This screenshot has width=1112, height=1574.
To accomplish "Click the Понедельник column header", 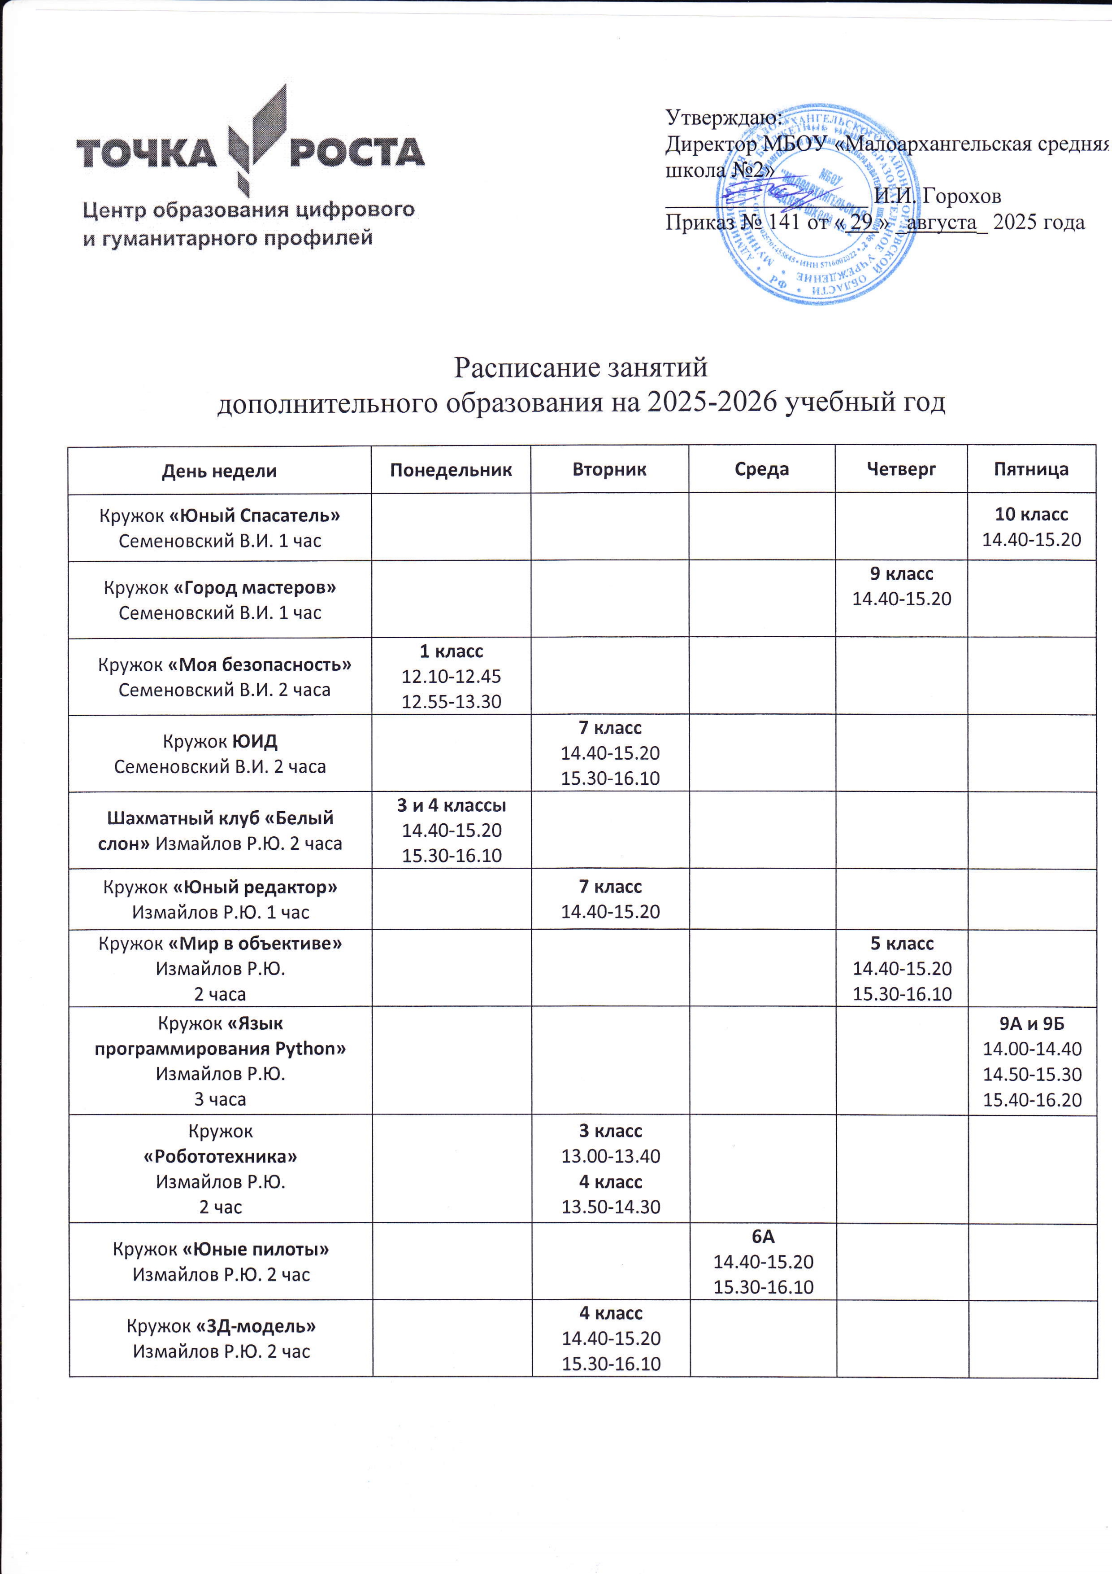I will coord(451,470).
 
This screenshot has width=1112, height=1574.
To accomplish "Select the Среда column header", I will coord(761,470).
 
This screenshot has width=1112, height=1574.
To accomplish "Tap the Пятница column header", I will coord(1031,470).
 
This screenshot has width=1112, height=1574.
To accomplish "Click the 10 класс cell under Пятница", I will coord(1031,526).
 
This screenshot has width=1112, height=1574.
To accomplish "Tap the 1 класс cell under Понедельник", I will coord(451,676).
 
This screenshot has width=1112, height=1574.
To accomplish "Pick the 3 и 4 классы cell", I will coord(451,830).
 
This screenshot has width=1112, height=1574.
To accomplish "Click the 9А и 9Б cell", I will coord(1032,1062).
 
